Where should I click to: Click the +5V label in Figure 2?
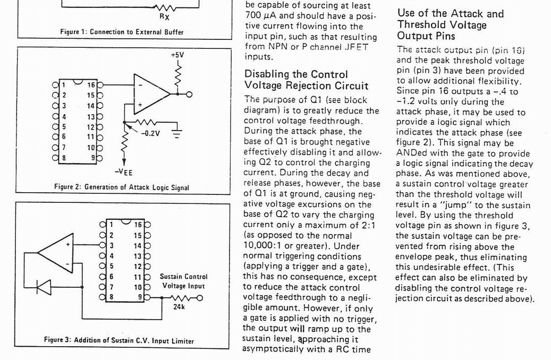pyautogui.click(x=177, y=55)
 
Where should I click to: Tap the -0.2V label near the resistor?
pyautogui.click(x=150, y=133)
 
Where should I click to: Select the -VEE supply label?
pyautogui.click(x=124, y=172)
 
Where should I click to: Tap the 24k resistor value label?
pyautogui.click(x=179, y=307)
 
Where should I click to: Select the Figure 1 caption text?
pyautogui.click(x=122, y=32)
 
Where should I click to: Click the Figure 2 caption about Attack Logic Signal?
pyautogui.click(x=122, y=187)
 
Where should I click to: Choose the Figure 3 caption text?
pyautogui.click(x=119, y=340)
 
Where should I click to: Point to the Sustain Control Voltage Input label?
pyautogui.click(x=183, y=281)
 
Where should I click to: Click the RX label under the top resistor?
pyautogui.click(x=164, y=16)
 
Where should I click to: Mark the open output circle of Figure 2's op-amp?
pyautogui.click(x=189, y=95)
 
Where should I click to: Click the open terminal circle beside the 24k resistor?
pyautogui.click(x=200, y=298)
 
